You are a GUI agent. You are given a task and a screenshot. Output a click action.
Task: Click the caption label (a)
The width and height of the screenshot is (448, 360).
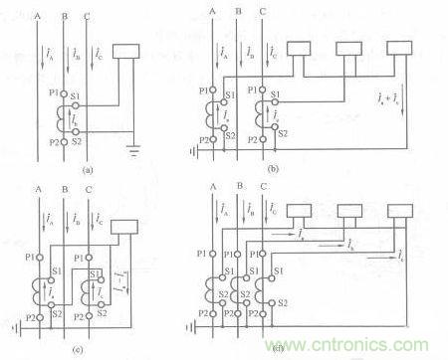(x=89, y=170)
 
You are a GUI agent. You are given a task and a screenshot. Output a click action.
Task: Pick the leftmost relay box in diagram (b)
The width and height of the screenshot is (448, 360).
(x=300, y=52)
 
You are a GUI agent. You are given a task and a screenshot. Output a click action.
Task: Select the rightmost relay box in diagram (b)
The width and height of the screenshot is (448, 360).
(x=400, y=52)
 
